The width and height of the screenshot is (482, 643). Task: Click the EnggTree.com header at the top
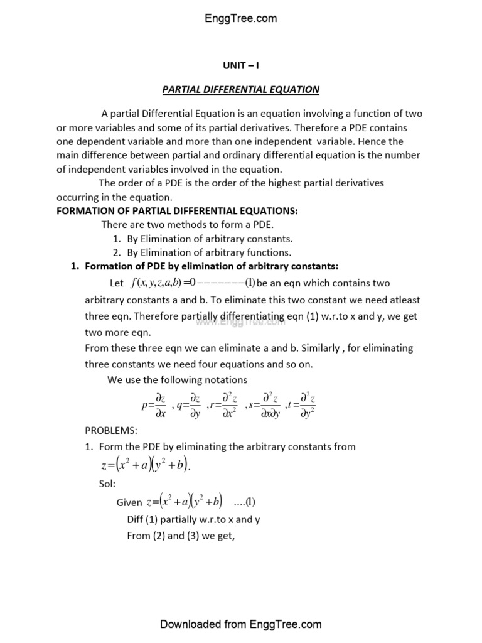pos(241,18)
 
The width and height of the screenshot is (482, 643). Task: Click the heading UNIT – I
pos(241,65)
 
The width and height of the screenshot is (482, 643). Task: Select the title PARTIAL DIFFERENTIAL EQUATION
pos(241,89)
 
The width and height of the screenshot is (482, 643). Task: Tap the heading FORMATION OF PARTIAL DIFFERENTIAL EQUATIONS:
pos(177,211)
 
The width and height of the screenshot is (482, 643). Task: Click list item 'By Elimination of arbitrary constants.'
pos(210,239)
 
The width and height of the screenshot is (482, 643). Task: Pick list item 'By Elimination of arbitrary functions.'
pos(209,252)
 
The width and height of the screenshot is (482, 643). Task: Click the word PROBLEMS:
pos(110,431)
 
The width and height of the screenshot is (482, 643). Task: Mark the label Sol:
pos(107,484)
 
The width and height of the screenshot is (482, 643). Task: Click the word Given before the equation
pos(129,503)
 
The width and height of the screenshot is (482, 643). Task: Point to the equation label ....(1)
pos(244,502)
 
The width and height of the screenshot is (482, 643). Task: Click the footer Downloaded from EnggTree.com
pos(241,624)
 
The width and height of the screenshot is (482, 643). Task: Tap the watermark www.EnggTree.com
pos(240,321)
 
